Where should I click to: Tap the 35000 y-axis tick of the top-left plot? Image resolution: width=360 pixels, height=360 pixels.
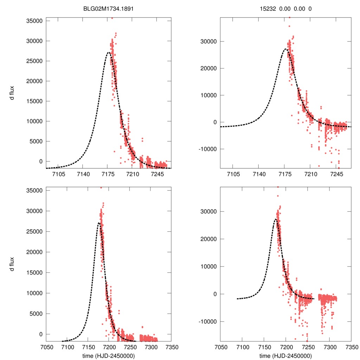click(35, 21)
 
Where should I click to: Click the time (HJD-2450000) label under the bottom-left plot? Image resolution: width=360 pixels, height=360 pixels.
click(108, 355)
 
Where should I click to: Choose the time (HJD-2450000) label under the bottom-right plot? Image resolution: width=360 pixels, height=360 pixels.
click(286, 355)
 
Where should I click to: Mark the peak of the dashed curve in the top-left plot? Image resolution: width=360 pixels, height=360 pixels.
click(108, 53)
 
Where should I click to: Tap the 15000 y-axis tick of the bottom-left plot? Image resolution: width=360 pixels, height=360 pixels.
click(35, 272)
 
